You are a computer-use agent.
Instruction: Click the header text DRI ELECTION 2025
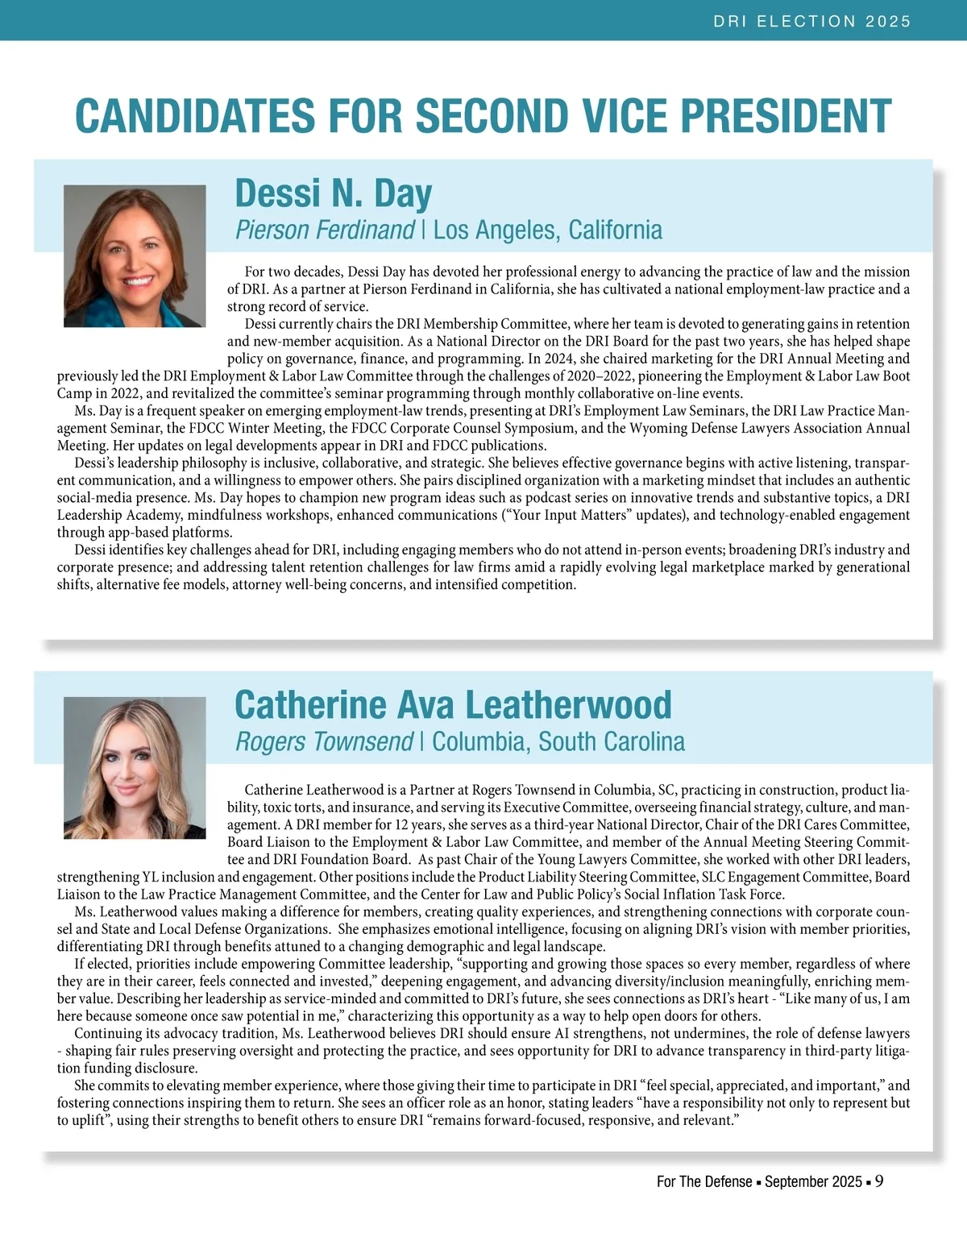pyautogui.click(x=811, y=21)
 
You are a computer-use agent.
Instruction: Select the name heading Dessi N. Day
pyautogui.click(x=333, y=193)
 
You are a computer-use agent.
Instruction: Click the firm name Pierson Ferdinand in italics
pyautogui.click(x=325, y=230)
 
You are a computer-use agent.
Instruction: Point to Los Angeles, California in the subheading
pyautogui.click(x=547, y=230)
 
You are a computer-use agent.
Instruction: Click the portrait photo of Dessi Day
pyautogui.click(x=135, y=255)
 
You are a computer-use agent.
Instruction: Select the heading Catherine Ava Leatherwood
pyautogui.click(x=452, y=705)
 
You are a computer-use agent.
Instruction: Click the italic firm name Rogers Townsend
pyautogui.click(x=324, y=741)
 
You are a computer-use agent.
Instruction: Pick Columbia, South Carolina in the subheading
pyautogui.click(x=558, y=741)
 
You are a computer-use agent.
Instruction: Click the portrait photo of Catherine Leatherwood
pyautogui.click(x=135, y=767)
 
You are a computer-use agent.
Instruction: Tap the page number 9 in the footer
pyautogui.click(x=879, y=1181)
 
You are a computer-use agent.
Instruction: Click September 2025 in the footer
pyautogui.click(x=813, y=1182)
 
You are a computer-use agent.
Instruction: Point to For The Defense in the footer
pyautogui.click(x=704, y=1182)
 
